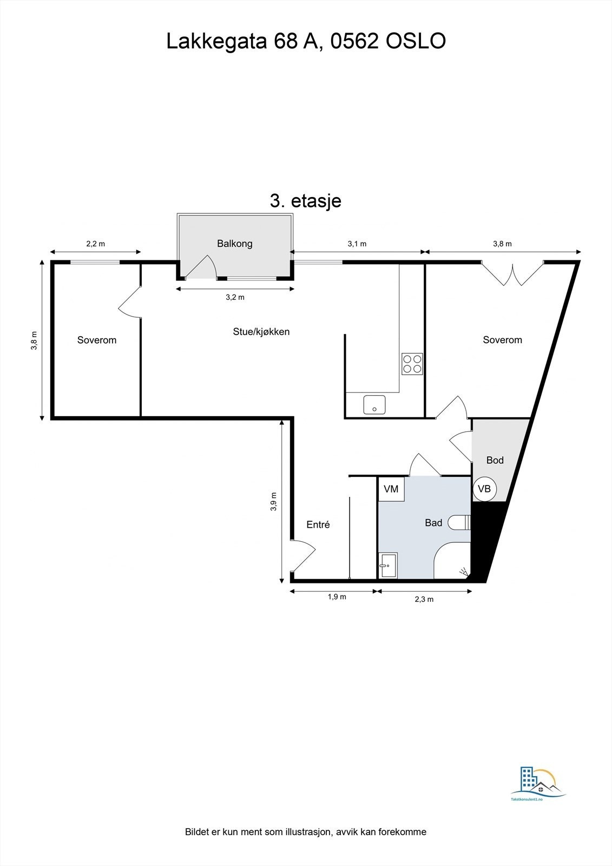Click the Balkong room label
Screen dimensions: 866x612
235,244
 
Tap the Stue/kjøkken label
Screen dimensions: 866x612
261,332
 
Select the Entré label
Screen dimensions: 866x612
318,524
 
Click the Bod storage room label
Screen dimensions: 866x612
495,460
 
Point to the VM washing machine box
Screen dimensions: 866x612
391,489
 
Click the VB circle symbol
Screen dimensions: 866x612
484,489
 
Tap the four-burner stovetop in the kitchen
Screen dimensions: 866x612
412,363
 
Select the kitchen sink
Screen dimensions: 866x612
374,404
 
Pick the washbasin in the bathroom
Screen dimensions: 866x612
388,565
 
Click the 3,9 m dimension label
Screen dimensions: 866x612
274,502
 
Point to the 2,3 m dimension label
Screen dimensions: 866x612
424,599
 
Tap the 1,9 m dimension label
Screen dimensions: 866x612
337,597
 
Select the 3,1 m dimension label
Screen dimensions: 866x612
357,244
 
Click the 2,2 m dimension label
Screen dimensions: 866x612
96,244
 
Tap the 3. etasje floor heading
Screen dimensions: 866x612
306,201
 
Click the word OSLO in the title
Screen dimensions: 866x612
416,41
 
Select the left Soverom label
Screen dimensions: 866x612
97,340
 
